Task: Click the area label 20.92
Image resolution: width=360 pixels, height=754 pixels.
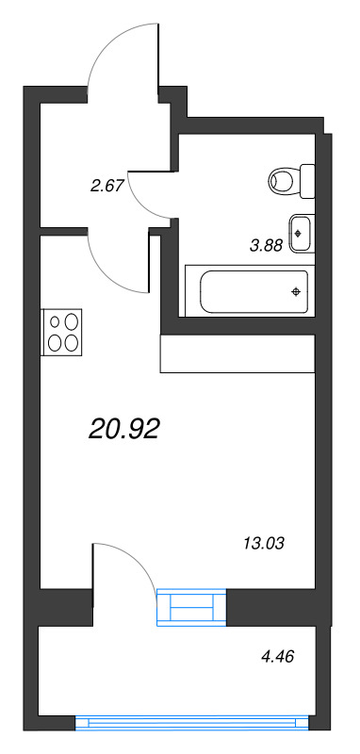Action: pos(124,430)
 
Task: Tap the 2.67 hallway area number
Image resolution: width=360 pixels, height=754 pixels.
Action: pos(106,186)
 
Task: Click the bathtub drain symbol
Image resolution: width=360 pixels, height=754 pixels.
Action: pos(297,290)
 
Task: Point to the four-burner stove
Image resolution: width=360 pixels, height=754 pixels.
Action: pos(61,332)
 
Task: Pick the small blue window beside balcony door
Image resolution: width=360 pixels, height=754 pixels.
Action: pos(192,608)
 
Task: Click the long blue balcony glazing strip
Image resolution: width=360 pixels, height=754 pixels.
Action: pos(192,723)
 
